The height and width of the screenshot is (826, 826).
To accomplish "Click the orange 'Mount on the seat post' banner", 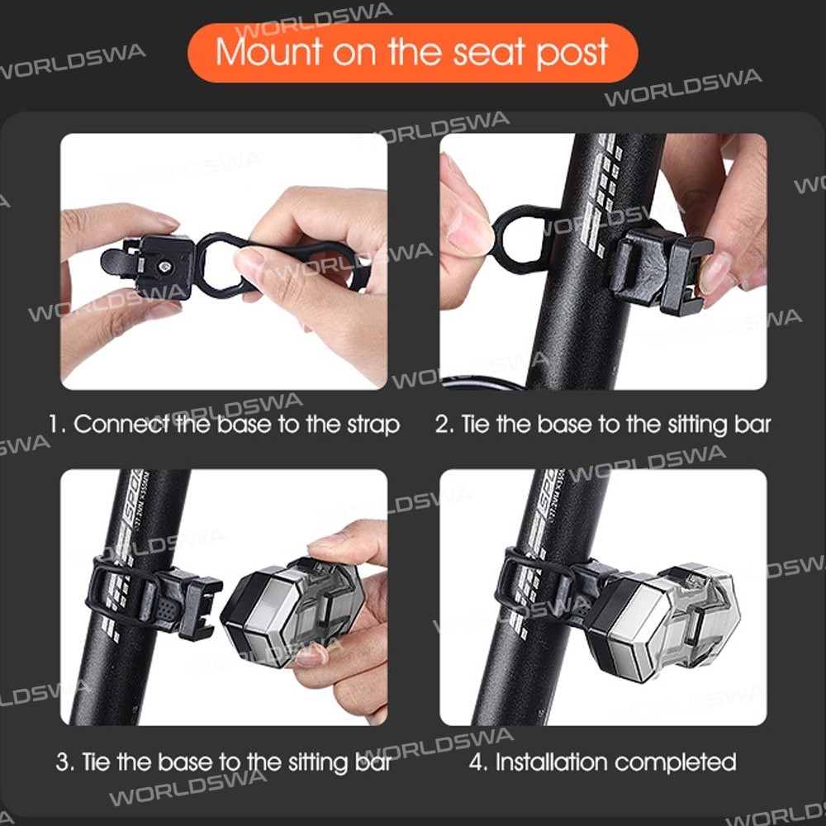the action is click(x=412, y=52).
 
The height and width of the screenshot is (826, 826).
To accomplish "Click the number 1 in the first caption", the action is click(x=55, y=424).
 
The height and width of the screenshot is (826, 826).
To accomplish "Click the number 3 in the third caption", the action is click(x=63, y=762).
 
